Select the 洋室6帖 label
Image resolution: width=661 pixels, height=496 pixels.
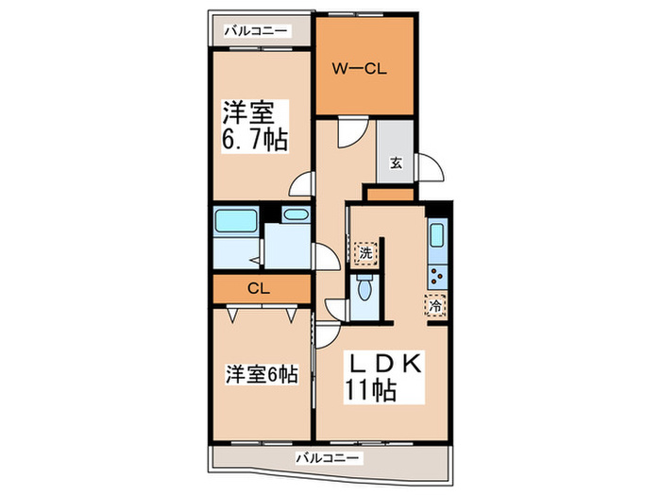(262, 375)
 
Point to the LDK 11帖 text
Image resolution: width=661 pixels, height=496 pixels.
(385, 376)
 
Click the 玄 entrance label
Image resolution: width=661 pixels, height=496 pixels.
(396, 162)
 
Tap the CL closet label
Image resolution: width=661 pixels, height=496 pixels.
(260, 289)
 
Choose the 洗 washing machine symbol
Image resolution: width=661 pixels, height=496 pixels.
(364, 253)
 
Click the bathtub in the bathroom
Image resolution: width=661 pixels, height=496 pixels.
(233, 223)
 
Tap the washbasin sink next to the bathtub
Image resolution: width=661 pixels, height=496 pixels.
(295, 215)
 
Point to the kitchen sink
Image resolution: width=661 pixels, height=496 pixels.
(437, 236)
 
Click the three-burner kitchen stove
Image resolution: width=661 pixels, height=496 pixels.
(437, 275)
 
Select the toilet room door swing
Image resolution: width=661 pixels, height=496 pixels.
(335, 307)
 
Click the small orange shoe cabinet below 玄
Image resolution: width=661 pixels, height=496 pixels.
(389, 194)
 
